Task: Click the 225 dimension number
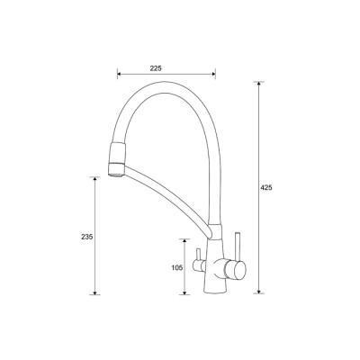156,68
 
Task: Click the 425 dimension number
266,188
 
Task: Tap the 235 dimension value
87,237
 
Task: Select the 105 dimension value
177,268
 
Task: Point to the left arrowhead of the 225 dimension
119,74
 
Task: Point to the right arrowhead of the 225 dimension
213,74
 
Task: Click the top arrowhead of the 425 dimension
258,84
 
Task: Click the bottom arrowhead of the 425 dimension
258,291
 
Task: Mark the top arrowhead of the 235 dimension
94,179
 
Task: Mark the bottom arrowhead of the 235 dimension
94,292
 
